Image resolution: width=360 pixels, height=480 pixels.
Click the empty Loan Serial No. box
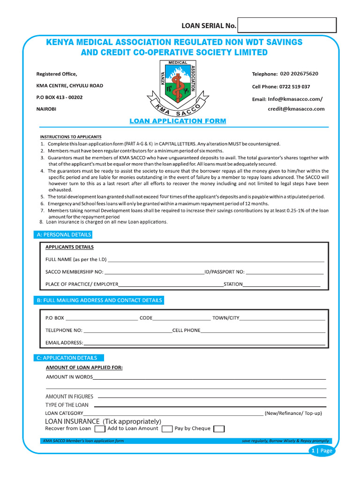(287, 25)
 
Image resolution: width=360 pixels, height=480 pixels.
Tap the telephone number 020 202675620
(299, 74)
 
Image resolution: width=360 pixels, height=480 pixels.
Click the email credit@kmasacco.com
(296, 109)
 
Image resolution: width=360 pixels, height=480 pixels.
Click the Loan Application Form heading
(178, 121)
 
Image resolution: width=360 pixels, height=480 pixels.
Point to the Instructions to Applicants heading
(70, 137)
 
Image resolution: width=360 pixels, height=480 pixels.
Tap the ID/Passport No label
(225, 272)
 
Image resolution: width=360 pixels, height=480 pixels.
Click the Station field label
(233, 284)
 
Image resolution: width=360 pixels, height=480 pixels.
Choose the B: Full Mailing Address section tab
(99, 300)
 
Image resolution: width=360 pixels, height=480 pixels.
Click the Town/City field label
(226, 318)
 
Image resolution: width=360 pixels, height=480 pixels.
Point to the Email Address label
(64, 343)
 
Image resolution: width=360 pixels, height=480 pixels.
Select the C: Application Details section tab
(67, 358)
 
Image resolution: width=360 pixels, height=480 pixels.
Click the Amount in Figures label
(69, 397)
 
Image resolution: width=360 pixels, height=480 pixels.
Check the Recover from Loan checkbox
(99, 429)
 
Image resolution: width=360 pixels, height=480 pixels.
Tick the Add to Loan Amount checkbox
(166, 429)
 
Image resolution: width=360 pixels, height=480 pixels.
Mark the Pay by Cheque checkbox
(219, 429)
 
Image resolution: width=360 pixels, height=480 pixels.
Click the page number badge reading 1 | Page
(322, 451)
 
